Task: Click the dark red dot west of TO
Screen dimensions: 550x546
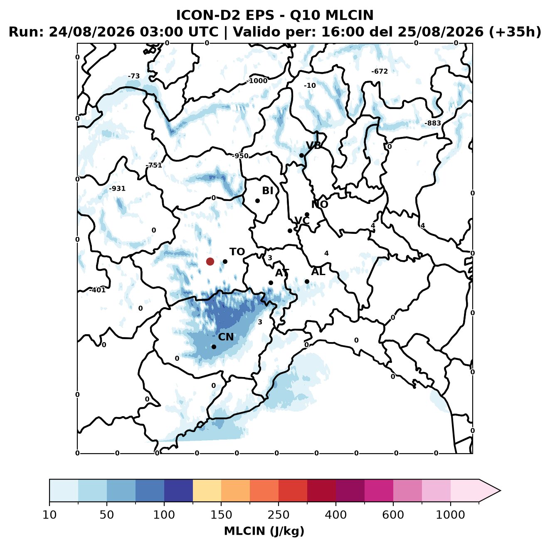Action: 210,261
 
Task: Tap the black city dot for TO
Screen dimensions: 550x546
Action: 225,261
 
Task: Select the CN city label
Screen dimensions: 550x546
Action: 226,337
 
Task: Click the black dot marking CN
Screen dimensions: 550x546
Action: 214,347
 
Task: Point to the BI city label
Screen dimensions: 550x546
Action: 268,191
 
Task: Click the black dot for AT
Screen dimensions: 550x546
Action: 271,283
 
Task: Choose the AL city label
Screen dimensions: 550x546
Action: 318,272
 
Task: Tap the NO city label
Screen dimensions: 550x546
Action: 320,204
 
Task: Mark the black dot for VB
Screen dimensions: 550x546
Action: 301,155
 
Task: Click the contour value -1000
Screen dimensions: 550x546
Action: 257,81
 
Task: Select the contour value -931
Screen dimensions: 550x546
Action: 117,189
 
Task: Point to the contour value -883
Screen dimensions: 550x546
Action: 433,123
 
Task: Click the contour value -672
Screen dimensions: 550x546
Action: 380,72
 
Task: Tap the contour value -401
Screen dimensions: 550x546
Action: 98,290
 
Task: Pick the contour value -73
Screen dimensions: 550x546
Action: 134,76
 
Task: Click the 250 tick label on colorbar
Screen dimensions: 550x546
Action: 278,515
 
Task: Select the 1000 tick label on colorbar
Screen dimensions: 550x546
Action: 450,515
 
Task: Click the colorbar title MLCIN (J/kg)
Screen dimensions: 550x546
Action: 264,531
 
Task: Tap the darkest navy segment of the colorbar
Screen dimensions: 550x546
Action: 178,491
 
